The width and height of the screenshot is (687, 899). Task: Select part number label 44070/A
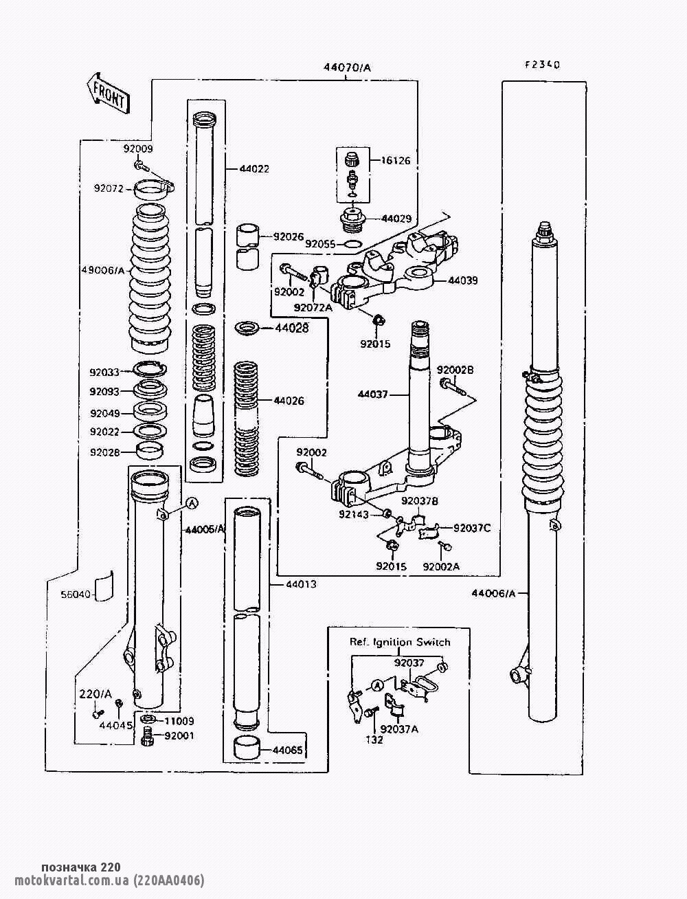coord(347,67)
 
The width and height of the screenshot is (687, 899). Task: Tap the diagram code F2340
coord(542,65)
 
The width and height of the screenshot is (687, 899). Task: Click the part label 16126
coord(396,161)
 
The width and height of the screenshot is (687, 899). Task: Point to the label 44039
coord(462,280)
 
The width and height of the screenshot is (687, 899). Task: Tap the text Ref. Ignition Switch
coord(400,642)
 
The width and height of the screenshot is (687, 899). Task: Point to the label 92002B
coord(455,370)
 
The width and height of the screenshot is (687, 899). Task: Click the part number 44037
coord(372,395)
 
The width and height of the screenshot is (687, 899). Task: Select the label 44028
coord(291,329)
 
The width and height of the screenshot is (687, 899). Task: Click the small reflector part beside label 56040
coord(103,586)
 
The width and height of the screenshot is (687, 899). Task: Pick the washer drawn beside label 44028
coord(247,327)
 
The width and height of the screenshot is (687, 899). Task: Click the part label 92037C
coord(472,528)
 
